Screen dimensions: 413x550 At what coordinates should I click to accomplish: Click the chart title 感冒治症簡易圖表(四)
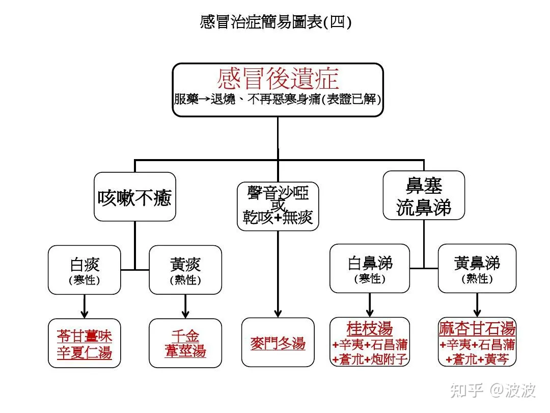pyautogui.click(x=276, y=22)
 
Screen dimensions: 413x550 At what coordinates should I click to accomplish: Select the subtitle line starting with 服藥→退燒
pyautogui.click(x=278, y=99)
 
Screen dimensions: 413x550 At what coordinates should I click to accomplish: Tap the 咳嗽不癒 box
pyautogui.click(x=134, y=197)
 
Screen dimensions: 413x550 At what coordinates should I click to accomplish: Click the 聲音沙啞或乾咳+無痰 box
pyautogui.click(x=278, y=206)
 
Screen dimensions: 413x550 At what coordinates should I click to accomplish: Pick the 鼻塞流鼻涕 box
pyautogui.click(x=423, y=195)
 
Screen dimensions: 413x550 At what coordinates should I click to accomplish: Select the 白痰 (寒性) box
pyautogui.click(x=85, y=270)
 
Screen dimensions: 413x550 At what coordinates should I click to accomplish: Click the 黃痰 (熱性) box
pyautogui.click(x=185, y=270)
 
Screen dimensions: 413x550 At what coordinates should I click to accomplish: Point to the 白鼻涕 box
pyautogui.click(x=370, y=269)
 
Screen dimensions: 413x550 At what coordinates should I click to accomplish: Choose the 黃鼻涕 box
pyautogui.click(x=477, y=269)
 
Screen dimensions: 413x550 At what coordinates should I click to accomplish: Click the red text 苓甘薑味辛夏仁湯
pyautogui.click(x=85, y=344)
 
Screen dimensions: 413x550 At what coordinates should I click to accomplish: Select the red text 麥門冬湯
pyautogui.click(x=278, y=343)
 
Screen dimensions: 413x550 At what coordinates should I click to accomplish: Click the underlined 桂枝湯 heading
pyautogui.click(x=370, y=328)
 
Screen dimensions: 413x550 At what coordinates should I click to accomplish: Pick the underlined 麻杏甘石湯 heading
pyautogui.click(x=477, y=328)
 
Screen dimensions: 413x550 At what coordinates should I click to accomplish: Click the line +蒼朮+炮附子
pyautogui.click(x=370, y=359)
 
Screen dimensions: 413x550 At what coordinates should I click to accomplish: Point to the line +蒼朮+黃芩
pyautogui.click(x=477, y=359)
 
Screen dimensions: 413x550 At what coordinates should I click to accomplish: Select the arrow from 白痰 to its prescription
pyautogui.click(x=85, y=306)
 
